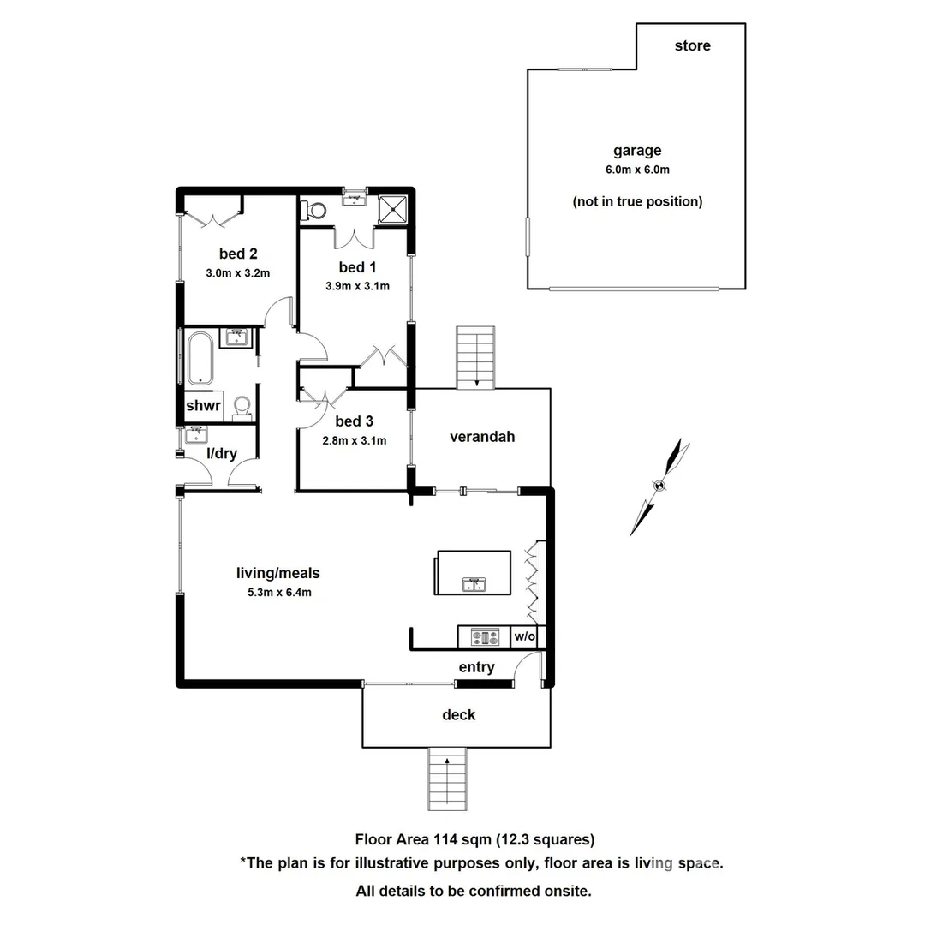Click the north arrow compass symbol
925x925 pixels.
tap(659, 486)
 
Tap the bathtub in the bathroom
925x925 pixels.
tap(200, 358)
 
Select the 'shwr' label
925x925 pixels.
tap(204, 406)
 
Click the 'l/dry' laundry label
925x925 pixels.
tap(222, 454)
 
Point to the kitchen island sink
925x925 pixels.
tap(472, 584)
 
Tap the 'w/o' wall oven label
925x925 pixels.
tap(524, 636)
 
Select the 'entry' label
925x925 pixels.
tap(476, 667)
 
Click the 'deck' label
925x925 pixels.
tap(458, 714)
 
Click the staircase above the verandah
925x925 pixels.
tap(475, 357)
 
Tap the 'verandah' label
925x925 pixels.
tap(482, 437)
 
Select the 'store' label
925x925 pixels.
tap(692, 45)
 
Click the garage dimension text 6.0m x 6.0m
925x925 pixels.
tap(636, 170)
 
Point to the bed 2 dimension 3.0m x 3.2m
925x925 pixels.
tap(237, 274)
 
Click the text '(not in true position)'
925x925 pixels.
tap(637, 202)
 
